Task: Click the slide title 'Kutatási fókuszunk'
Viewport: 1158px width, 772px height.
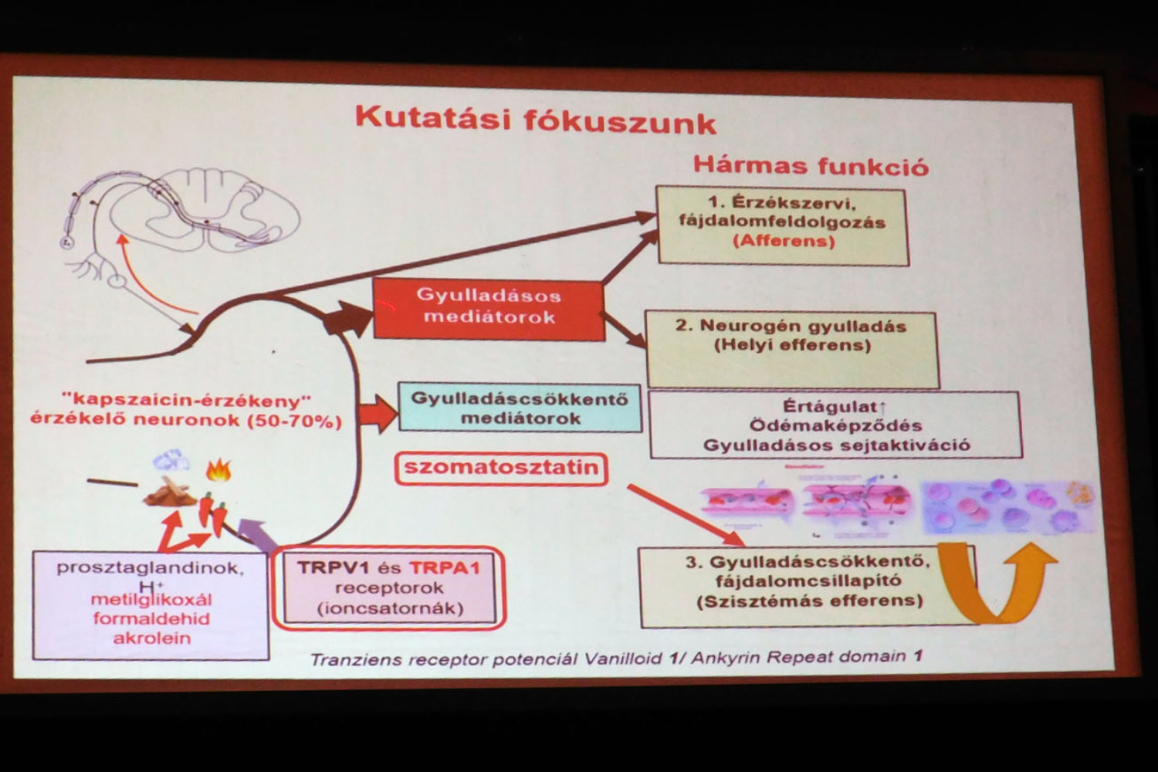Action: [x=535, y=121]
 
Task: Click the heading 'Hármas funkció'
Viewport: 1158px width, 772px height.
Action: [x=810, y=165]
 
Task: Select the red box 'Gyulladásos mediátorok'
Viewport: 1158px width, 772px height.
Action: [x=488, y=306]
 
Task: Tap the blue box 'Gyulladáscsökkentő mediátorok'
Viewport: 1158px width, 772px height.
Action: [x=520, y=408]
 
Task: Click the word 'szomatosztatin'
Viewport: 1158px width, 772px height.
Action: [x=501, y=468]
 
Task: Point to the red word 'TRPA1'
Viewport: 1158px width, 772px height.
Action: [x=445, y=568]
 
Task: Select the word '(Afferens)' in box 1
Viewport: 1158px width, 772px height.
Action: [x=784, y=241]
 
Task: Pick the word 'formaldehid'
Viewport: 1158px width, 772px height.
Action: [x=151, y=618]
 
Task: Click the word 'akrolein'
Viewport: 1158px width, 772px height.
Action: [x=151, y=638]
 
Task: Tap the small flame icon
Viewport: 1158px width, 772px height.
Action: [x=219, y=469]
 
